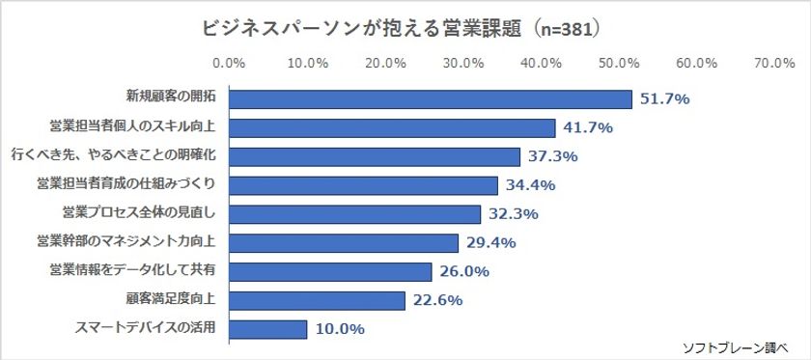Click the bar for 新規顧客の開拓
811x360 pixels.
click(431, 99)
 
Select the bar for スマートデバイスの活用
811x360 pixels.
click(268, 329)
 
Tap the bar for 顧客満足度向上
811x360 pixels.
click(318, 300)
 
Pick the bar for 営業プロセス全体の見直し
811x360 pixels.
click(355, 214)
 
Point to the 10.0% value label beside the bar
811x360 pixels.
click(339, 329)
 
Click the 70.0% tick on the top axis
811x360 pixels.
click(773, 63)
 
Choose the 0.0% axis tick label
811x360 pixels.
click(229, 63)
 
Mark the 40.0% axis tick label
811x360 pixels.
click(541, 63)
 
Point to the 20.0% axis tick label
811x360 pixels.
click(385, 63)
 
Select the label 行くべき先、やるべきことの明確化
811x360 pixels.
click(113, 154)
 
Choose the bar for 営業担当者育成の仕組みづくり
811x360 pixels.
click(364, 185)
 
